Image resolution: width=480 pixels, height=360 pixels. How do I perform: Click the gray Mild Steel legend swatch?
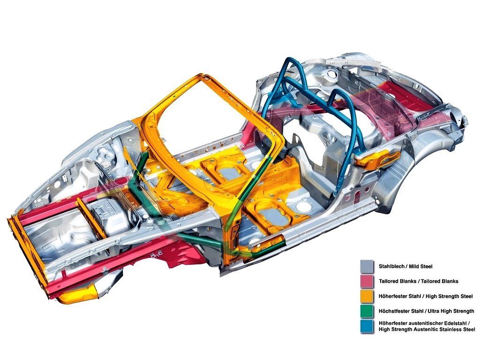367,266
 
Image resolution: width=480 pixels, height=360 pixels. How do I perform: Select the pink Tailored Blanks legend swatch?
367,281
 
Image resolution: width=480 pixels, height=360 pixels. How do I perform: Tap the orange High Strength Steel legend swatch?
367,296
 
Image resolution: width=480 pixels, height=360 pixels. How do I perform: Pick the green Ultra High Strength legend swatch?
367,311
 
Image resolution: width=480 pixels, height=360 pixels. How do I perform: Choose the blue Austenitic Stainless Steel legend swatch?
367,326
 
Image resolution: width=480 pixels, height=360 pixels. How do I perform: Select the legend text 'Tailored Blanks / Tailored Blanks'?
419,281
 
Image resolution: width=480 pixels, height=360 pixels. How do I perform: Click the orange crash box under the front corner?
78,294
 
